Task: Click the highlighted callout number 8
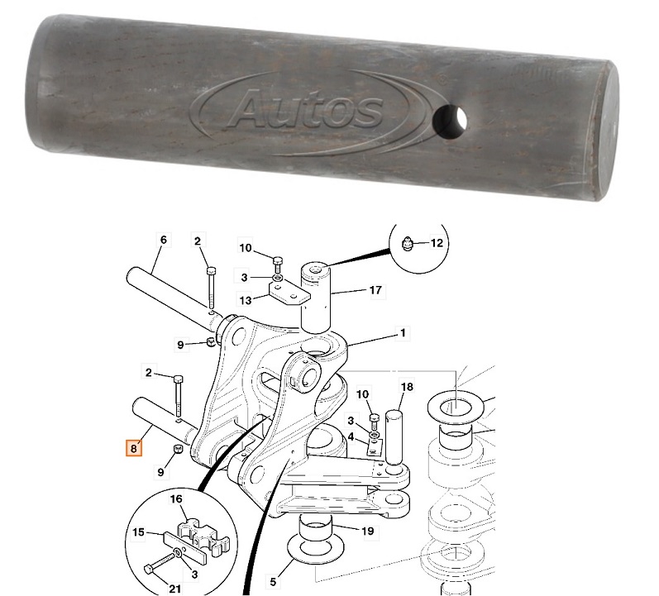click(x=132, y=449)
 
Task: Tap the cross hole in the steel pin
click(x=450, y=122)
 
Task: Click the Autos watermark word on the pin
click(x=306, y=110)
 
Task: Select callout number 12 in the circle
click(x=437, y=243)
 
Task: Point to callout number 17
click(x=375, y=291)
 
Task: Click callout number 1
click(x=404, y=333)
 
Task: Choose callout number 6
click(x=163, y=240)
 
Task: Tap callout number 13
click(x=246, y=298)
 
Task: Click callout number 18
click(x=407, y=387)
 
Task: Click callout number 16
click(x=177, y=500)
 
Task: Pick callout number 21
click(x=175, y=588)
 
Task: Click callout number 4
click(x=351, y=436)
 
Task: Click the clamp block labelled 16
click(x=203, y=533)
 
